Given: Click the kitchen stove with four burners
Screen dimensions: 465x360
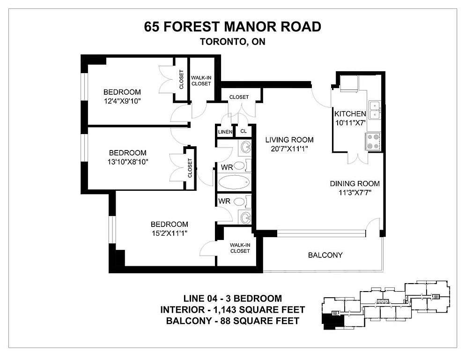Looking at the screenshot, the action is pos(373,141).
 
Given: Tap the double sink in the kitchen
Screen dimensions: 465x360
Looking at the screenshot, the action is pos(375,110).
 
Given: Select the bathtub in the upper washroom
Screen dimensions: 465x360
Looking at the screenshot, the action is pos(234,182).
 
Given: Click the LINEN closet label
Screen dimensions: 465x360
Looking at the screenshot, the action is pos(225,132).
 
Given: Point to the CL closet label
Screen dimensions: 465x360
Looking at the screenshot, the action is pos(244,131).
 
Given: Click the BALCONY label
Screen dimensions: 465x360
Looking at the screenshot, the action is pos(325,255).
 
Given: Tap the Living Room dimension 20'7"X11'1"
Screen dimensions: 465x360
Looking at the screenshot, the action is pos(289,149).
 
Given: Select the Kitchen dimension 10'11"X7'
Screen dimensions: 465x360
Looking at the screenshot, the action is pos(350,123).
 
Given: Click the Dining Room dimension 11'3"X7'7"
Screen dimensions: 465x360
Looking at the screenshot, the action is pos(355,193).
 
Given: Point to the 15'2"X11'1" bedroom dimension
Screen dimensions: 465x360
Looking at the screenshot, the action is pos(170,233).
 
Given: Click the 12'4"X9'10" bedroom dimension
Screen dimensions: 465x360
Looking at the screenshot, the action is pos(122,101).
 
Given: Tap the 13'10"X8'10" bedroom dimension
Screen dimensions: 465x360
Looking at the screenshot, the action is pos(128,162).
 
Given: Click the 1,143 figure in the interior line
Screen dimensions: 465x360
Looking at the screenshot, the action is pos(224,310).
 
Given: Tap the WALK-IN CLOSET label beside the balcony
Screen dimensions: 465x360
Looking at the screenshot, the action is pos(240,248).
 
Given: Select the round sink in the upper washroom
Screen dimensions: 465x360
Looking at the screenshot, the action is pos(245,147).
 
